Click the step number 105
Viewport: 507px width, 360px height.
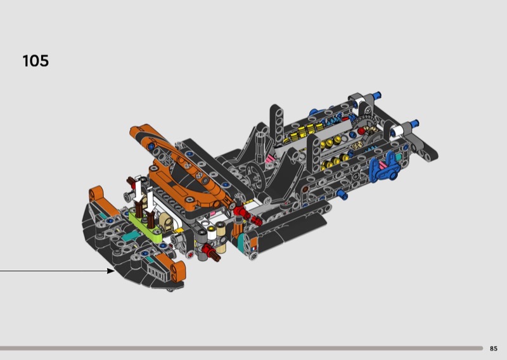[35, 61]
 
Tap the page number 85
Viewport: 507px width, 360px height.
[494, 349]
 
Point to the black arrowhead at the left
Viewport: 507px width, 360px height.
[111, 271]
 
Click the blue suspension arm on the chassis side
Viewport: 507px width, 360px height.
[384, 167]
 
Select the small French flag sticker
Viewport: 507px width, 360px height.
[254, 248]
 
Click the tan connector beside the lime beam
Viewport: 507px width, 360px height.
[167, 222]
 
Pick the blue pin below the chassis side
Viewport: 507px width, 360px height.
[342, 194]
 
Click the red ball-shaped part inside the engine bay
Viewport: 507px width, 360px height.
[361, 131]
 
